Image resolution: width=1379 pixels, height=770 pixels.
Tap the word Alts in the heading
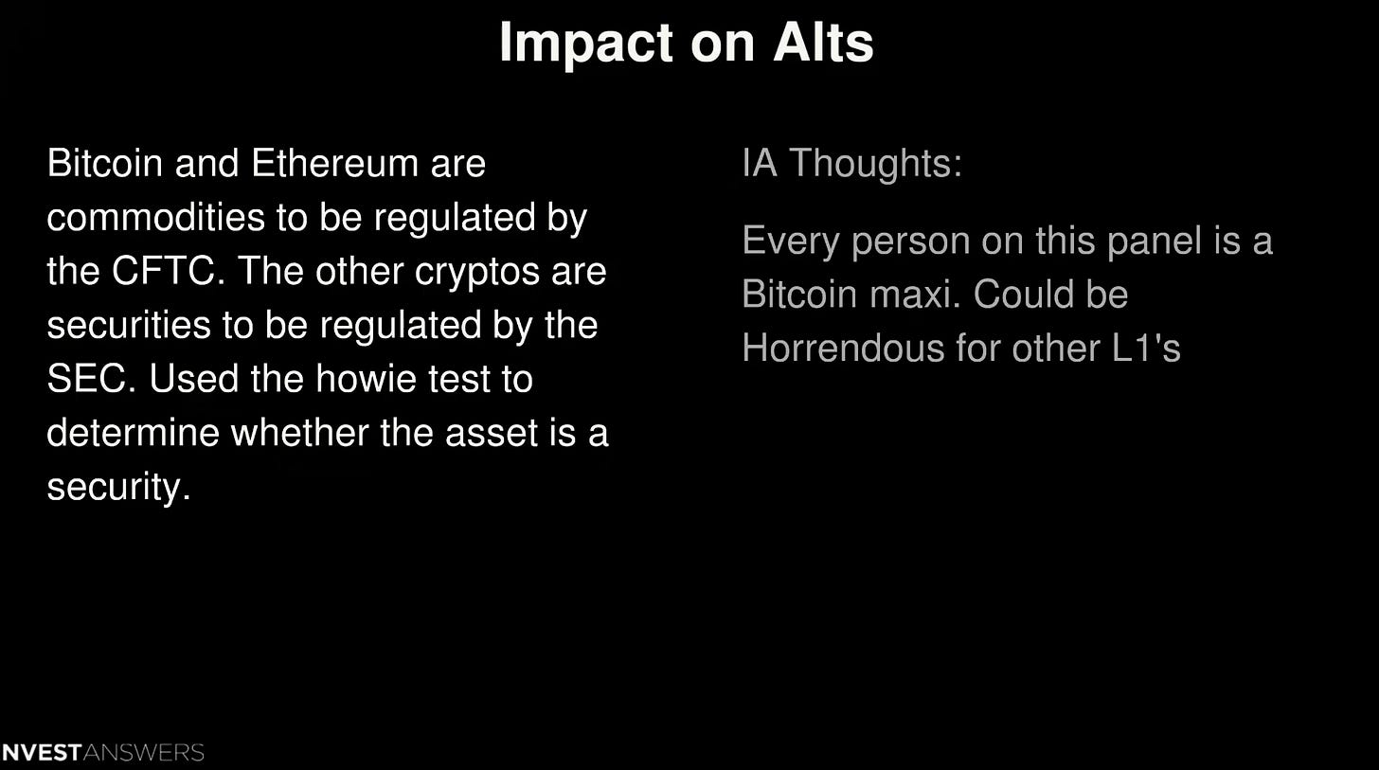click(x=822, y=43)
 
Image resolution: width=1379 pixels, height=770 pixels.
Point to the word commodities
click(x=155, y=218)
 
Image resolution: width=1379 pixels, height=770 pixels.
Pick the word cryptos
click(x=467, y=272)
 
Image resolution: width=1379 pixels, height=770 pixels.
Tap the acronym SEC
click(x=85, y=380)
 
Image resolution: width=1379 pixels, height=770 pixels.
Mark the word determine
click(x=133, y=434)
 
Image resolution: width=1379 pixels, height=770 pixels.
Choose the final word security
click(x=117, y=488)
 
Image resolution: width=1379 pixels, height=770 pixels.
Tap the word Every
click(x=791, y=241)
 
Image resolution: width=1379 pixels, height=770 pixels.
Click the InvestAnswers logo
click(x=102, y=753)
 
